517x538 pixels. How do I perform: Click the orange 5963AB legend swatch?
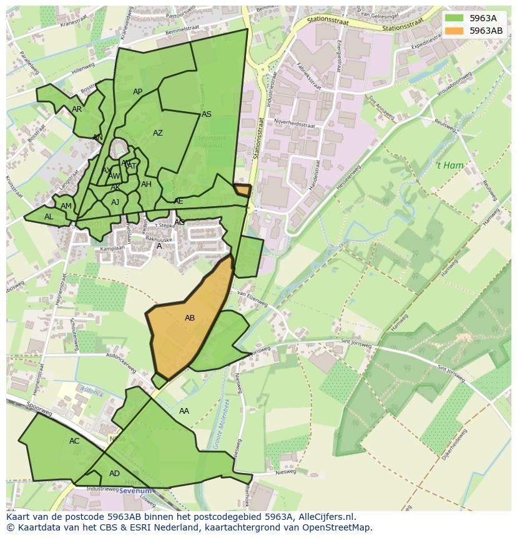455,31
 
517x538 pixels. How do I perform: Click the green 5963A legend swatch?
455,18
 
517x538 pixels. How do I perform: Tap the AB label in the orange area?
190,318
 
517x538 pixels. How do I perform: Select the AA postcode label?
184,411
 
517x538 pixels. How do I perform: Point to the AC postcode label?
74,441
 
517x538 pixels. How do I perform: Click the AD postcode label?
114,474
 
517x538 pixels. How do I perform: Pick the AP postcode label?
138,92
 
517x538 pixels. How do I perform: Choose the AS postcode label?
207,114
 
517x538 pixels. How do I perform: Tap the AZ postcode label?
158,133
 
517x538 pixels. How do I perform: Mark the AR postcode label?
77,109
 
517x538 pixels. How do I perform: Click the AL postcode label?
49,217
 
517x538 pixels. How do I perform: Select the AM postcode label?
66,206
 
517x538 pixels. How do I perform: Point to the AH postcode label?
146,184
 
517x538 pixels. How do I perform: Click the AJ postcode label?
116,202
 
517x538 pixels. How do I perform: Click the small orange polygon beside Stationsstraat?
242,190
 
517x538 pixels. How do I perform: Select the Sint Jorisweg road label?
356,344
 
